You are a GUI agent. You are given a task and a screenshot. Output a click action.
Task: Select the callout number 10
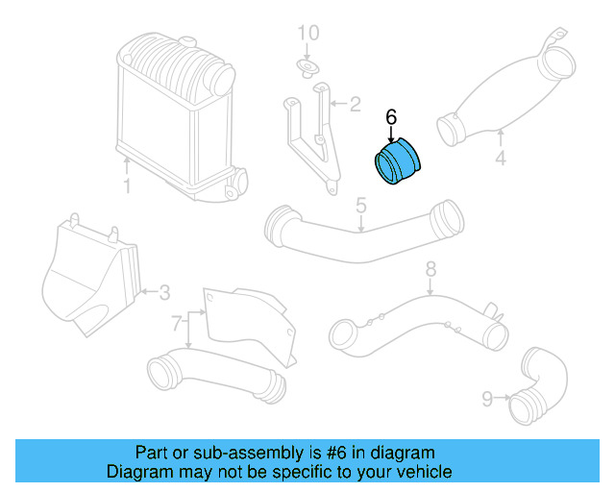[307, 34]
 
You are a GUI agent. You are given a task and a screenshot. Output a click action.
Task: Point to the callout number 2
[355, 103]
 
